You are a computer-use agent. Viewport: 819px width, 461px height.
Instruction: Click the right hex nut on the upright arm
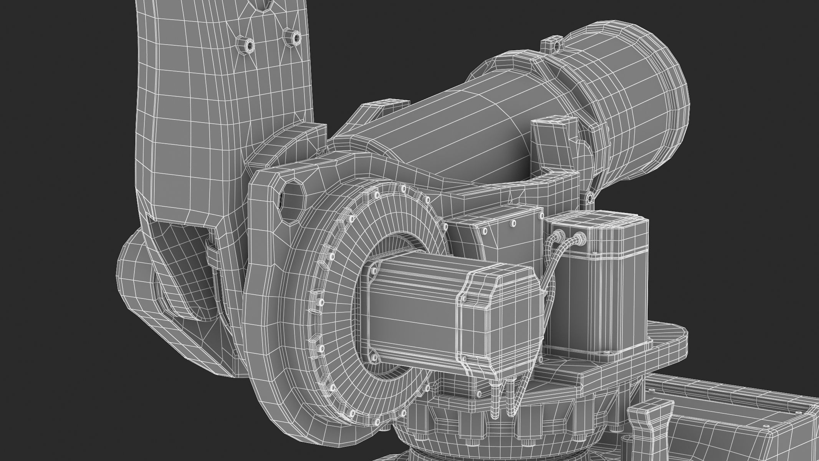293,37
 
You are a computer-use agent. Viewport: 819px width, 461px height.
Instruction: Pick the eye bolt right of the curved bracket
589,197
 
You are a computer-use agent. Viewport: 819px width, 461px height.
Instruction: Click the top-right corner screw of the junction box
514,222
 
